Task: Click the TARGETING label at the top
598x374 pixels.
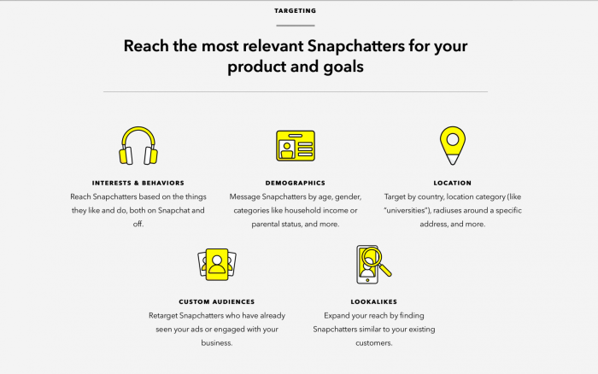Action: tap(295, 11)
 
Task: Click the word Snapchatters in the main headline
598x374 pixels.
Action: tap(363, 45)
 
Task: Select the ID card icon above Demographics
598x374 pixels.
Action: tap(295, 145)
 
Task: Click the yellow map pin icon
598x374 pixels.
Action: tap(452, 145)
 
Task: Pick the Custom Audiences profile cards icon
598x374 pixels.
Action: tap(216, 265)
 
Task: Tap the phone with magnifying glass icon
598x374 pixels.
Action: tap(372, 265)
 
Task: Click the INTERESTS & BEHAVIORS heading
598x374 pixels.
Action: tap(138, 183)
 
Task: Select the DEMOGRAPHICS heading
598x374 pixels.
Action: tap(295, 183)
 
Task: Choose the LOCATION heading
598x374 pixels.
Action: tap(452, 183)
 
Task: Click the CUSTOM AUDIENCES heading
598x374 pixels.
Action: tap(216, 301)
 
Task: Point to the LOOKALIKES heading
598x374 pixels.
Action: tap(373, 301)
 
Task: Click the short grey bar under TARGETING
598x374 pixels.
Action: tap(295, 26)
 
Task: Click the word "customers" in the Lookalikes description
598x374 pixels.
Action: tap(373, 342)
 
